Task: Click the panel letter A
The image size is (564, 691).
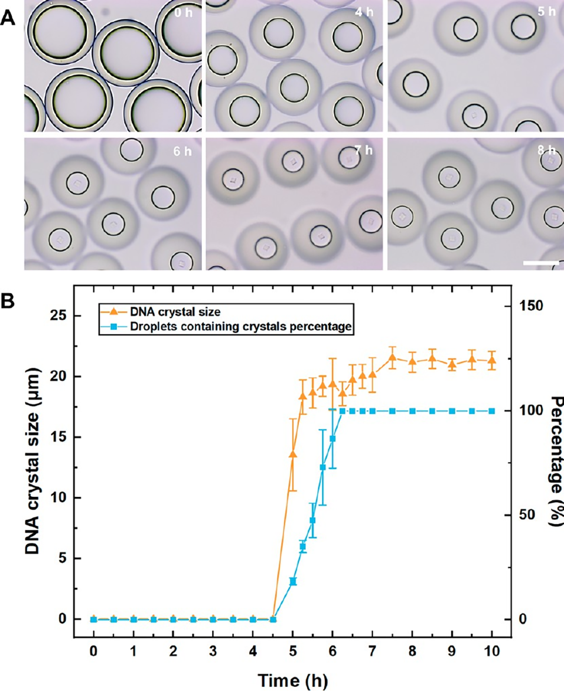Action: pyautogui.click(x=9, y=17)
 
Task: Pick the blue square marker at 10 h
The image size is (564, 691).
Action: pyautogui.click(x=491, y=411)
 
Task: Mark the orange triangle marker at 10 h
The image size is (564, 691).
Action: pyautogui.click(x=491, y=361)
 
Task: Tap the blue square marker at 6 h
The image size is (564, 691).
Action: pyautogui.click(x=332, y=438)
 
